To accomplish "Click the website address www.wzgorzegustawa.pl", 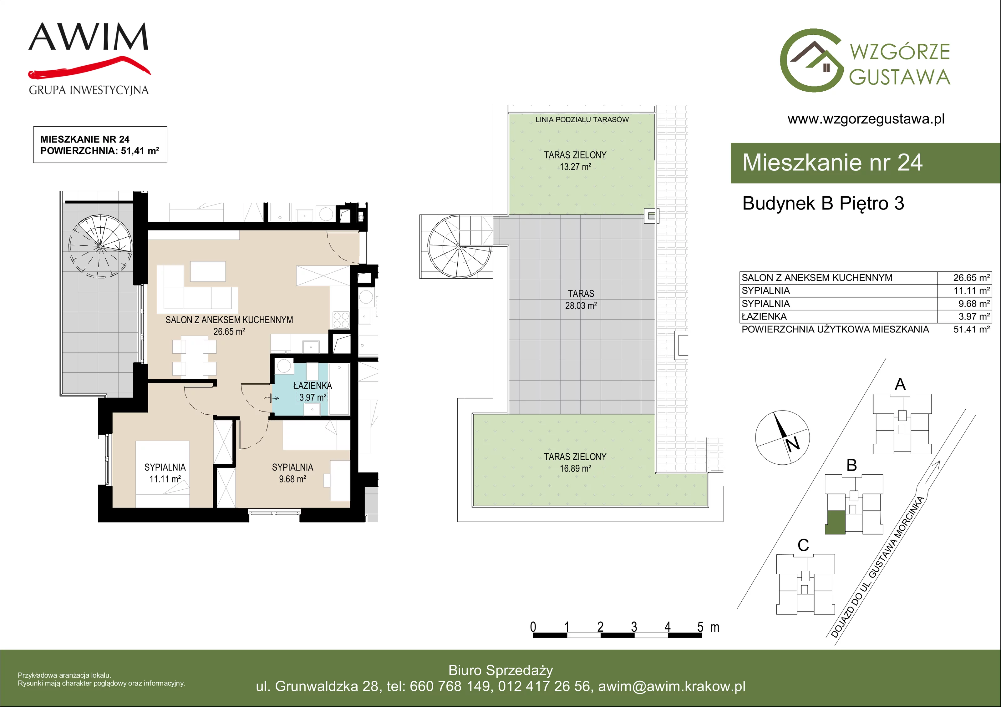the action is click(866, 119).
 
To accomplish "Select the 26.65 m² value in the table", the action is click(971, 278).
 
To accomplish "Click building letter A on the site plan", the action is click(900, 384).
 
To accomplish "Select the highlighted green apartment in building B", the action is click(835, 522).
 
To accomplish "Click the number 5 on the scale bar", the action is click(700, 627).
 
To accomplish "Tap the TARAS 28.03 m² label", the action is click(581, 300).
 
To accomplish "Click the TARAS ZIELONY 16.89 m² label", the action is click(575, 462).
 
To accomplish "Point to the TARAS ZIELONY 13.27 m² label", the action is click(575, 160).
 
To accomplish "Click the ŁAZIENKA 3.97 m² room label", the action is click(312, 391).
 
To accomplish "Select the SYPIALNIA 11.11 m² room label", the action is click(165, 473).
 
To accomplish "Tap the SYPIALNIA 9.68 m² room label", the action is click(292, 473).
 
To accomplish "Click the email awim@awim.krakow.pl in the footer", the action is click(672, 686).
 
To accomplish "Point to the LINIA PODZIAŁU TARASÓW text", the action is click(582, 119).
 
